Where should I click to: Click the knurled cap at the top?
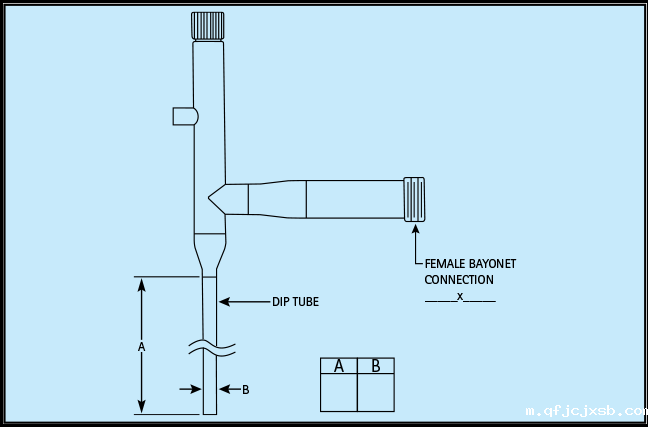209,25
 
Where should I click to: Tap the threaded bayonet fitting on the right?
413,199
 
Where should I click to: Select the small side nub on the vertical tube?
184,116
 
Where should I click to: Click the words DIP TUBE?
295,301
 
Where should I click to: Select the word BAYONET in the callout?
493,264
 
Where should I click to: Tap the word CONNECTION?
459,280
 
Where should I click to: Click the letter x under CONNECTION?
460,296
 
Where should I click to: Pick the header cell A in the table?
339,366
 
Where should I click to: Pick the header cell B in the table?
376,366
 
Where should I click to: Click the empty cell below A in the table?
339,393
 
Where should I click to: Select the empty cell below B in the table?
376,393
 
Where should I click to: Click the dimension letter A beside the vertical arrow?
142,346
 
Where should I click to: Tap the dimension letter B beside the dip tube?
245,389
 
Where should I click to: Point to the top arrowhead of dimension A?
142,284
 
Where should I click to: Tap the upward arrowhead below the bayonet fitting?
415,229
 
